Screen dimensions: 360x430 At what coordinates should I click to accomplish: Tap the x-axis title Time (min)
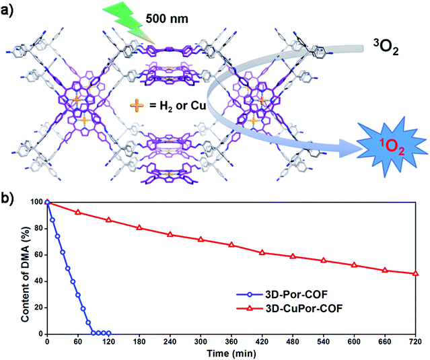(232, 353)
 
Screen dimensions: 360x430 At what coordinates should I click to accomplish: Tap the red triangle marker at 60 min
(78, 212)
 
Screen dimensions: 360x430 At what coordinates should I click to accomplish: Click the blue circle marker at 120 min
(108, 333)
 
